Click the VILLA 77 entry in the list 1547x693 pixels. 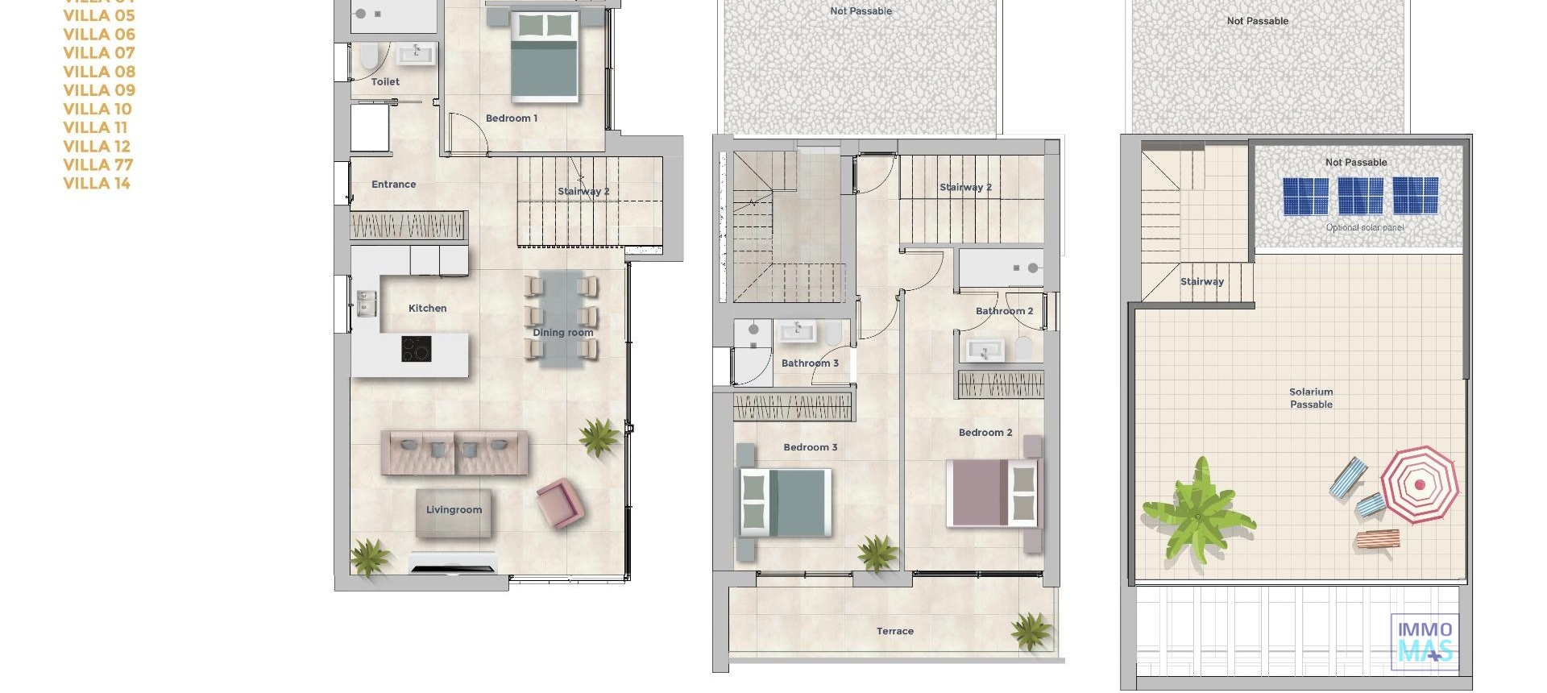[x=98, y=165]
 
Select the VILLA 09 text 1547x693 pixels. [x=99, y=90]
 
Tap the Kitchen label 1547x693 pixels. [x=427, y=309]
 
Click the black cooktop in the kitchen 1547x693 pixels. [x=417, y=349]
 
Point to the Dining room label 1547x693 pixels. [x=562, y=333]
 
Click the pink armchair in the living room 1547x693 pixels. [x=558, y=502]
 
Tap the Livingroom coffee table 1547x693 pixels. [x=454, y=512]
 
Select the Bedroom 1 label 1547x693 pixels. [x=511, y=118]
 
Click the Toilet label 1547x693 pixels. [x=385, y=82]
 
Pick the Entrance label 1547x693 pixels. [x=393, y=185]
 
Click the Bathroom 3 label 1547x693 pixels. [x=810, y=363]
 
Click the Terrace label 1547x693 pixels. [x=894, y=632]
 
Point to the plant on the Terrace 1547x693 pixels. [x=1032, y=630]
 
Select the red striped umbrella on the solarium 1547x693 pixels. [x=1419, y=484]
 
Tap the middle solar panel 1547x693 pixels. [x=1360, y=196]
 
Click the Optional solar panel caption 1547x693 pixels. [x=1364, y=228]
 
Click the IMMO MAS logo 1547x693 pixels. [x=1425, y=641]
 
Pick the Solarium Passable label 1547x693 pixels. [x=1311, y=398]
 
